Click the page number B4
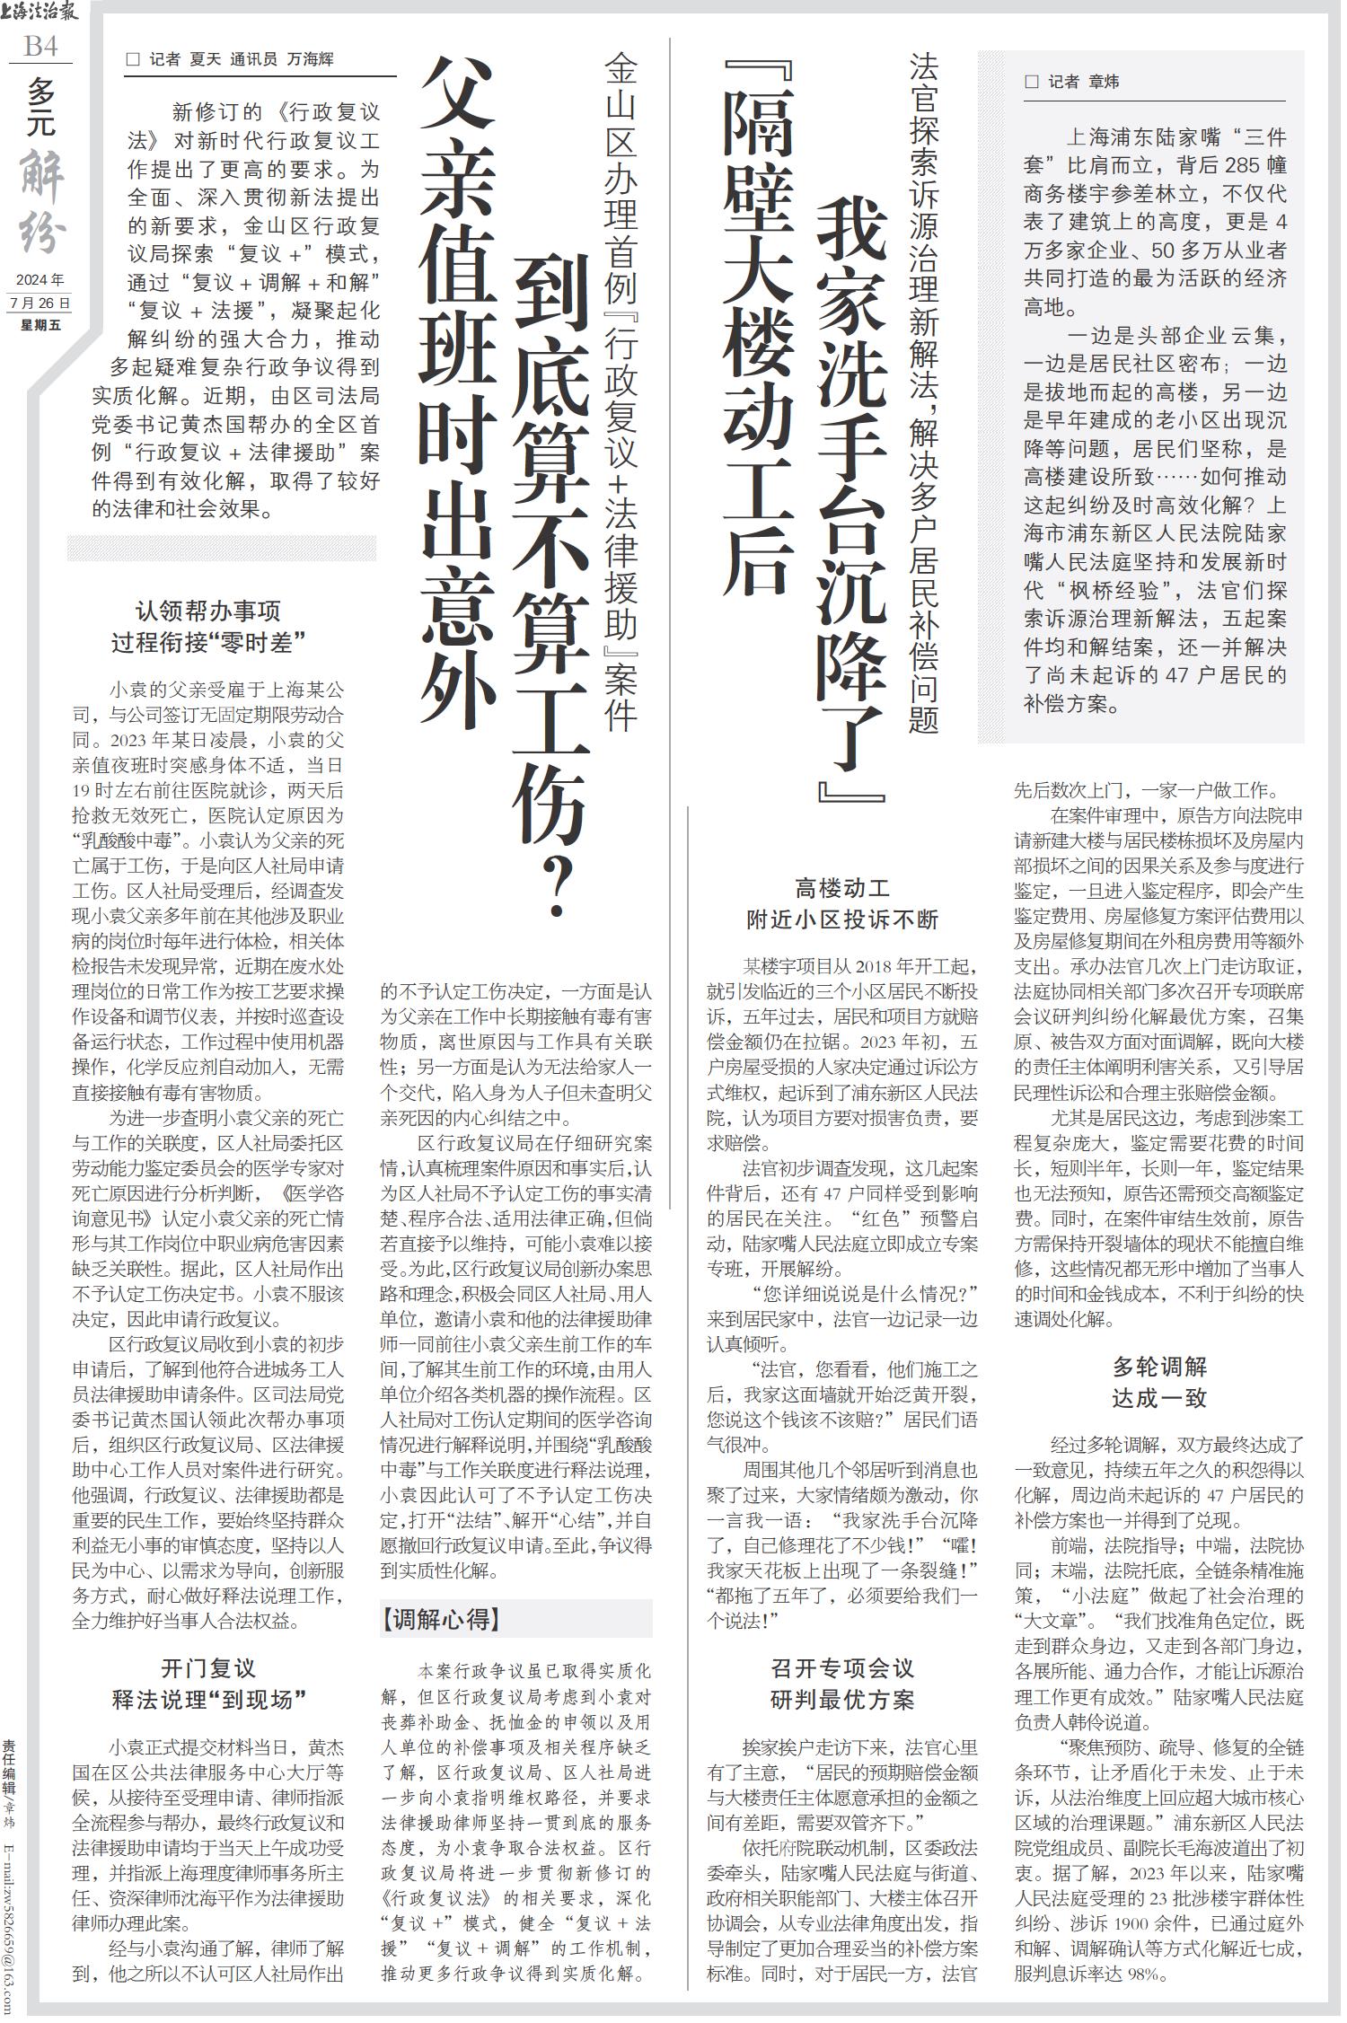[40, 46]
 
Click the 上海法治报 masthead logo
[41, 13]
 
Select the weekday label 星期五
[40, 324]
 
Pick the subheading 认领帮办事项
[208, 611]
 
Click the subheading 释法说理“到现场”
[208, 1700]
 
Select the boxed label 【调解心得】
[440, 1618]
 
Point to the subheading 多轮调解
[1159, 1368]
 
